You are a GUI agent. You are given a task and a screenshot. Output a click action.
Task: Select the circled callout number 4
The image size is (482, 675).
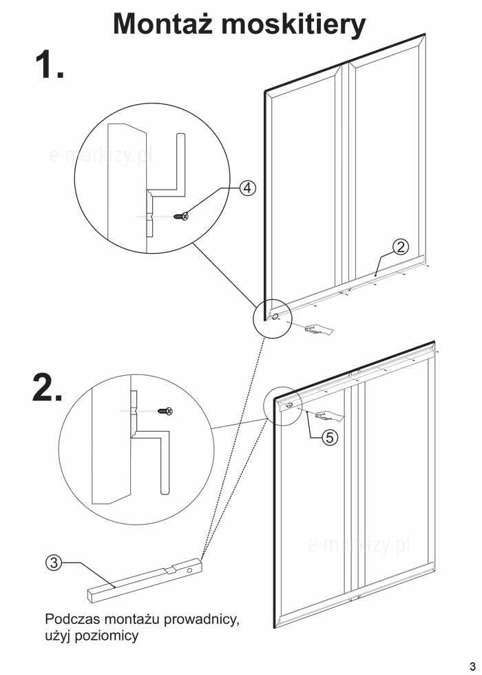(249, 188)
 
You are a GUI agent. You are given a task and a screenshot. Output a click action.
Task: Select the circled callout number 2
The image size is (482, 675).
(401, 246)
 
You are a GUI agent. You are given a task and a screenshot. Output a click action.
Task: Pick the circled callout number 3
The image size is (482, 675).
(54, 563)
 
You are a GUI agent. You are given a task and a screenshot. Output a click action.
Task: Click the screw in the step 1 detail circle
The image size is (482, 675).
(182, 216)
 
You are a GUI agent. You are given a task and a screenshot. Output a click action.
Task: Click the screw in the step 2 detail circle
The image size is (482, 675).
(165, 412)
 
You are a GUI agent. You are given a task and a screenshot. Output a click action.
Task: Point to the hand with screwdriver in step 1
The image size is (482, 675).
(318, 330)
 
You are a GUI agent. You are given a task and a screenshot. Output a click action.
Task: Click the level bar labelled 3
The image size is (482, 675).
(145, 579)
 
